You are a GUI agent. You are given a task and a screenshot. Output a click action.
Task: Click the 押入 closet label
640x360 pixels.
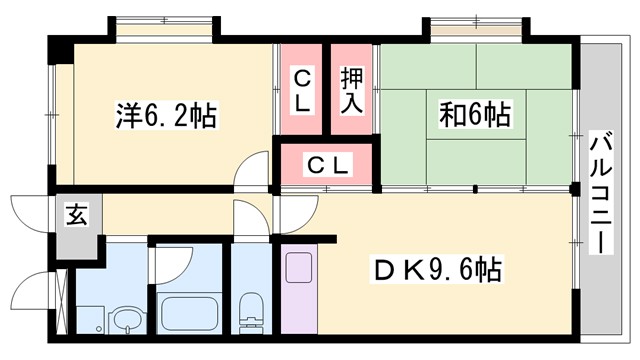351,90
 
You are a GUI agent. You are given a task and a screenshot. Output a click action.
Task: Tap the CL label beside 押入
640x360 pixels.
303,90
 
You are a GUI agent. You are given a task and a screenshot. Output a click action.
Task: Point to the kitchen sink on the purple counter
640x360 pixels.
299,269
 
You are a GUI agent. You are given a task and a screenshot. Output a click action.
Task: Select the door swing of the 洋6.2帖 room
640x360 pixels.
252,172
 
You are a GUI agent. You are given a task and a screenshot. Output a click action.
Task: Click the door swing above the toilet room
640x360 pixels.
247,217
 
